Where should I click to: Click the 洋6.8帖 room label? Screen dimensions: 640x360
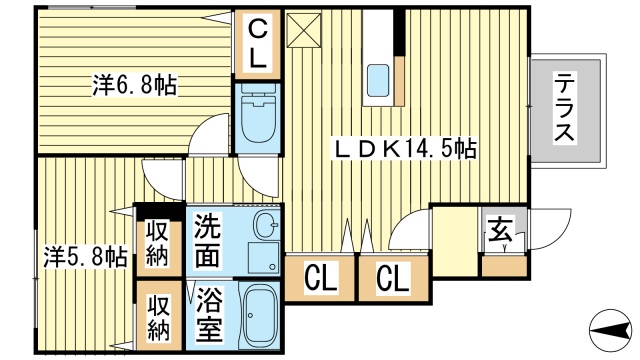(x=134, y=85)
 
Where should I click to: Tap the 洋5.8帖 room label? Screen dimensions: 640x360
(x=85, y=257)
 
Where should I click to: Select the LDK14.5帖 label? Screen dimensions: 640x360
(x=405, y=148)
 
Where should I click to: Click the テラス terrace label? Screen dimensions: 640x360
(x=564, y=107)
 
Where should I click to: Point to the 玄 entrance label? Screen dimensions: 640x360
(x=500, y=231)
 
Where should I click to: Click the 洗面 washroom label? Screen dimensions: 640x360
(x=208, y=241)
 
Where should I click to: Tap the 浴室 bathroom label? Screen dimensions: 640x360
(x=209, y=315)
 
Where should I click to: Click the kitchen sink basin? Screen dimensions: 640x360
(x=378, y=80)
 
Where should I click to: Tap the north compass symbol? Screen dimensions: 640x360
(x=611, y=330)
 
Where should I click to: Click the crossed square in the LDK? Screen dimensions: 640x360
(x=304, y=30)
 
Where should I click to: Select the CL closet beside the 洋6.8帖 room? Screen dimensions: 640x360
(x=258, y=44)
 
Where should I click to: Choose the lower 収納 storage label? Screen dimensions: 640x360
(x=158, y=316)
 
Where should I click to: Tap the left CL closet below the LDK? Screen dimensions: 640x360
(x=321, y=278)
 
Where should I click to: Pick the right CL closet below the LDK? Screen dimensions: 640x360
(x=393, y=278)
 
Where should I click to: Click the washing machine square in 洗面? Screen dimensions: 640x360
(x=263, y=258)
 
